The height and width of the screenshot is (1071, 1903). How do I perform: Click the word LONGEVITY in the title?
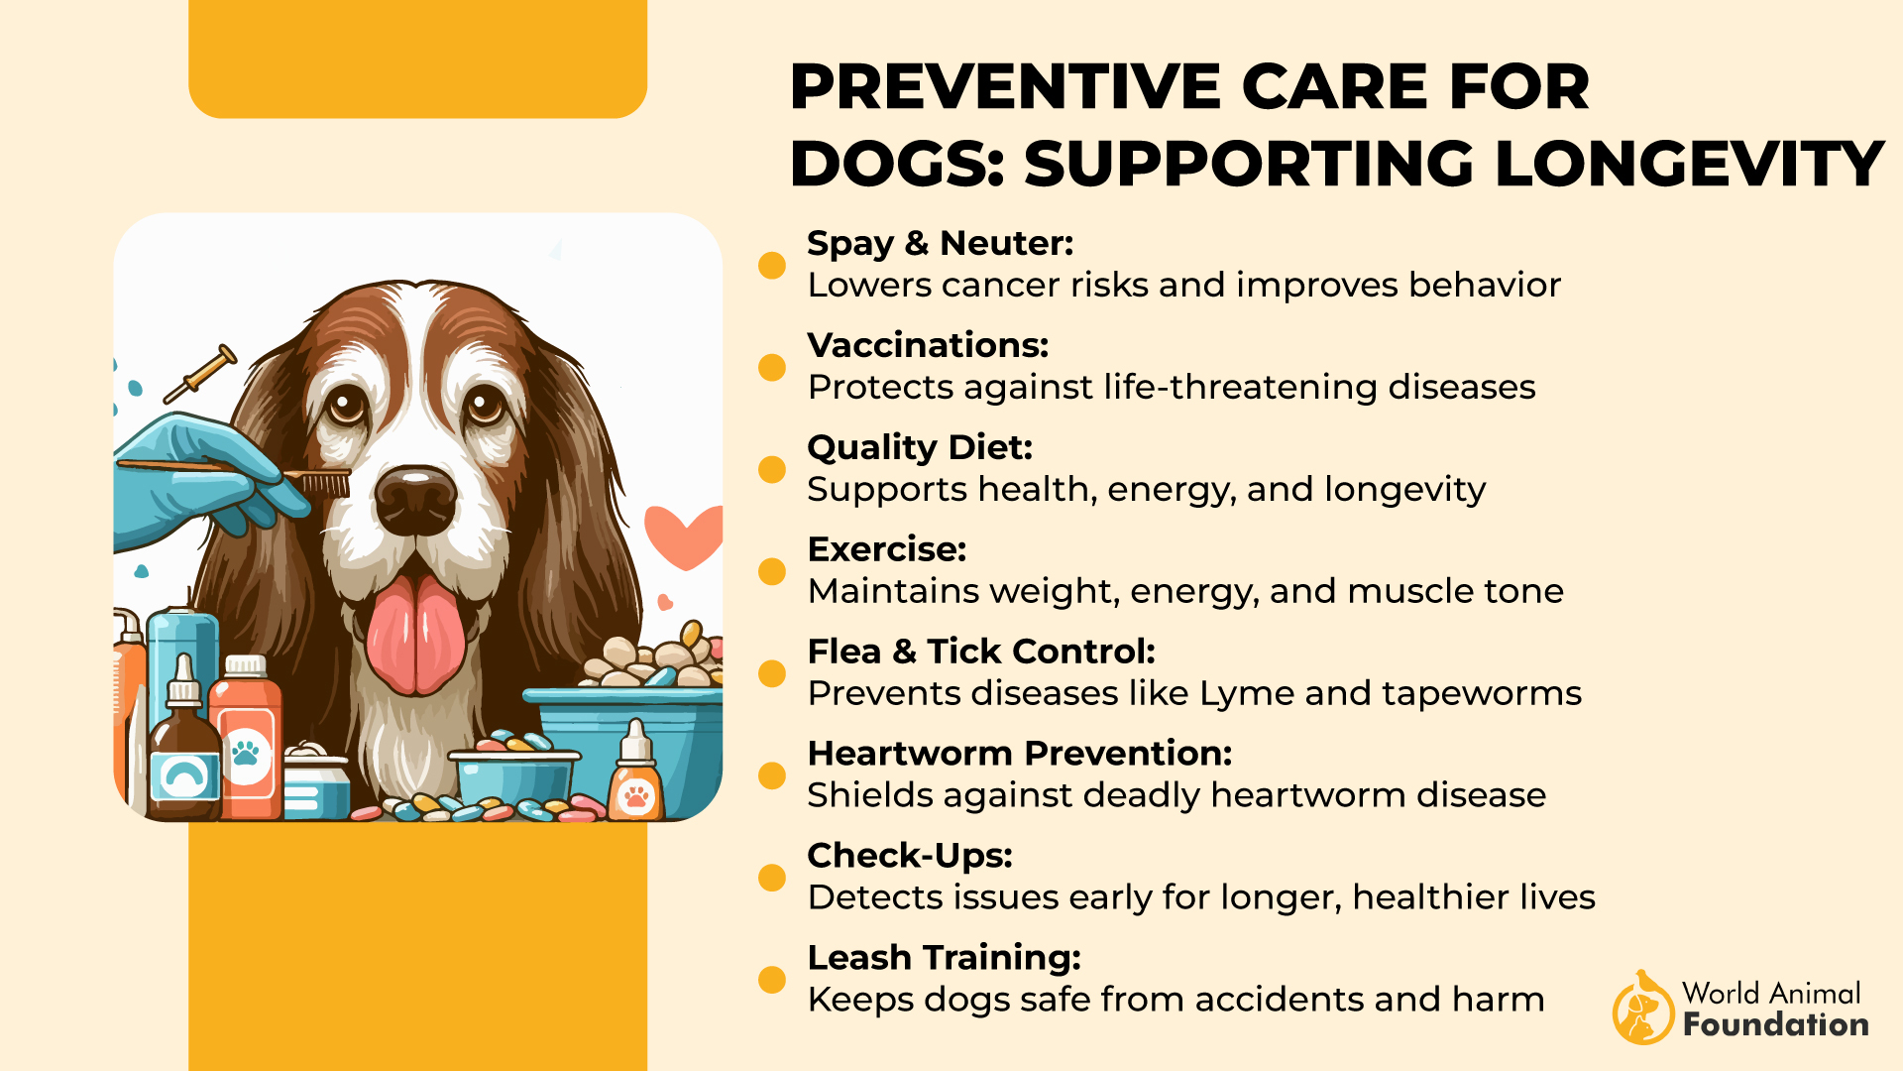[1689, 164]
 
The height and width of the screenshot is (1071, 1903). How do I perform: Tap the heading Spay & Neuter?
[941, 243]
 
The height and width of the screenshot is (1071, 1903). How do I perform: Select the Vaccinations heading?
[928, 345]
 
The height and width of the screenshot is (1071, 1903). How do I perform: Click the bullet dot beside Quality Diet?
[772, 469]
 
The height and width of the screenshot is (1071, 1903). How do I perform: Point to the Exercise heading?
[887, 549]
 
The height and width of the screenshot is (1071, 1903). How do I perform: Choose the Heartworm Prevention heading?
[1020, 754]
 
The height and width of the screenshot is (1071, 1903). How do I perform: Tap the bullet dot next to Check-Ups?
[772, 878]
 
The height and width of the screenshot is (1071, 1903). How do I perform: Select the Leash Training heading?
[945, 958]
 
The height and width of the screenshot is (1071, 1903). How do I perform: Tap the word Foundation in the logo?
[1776, 1024]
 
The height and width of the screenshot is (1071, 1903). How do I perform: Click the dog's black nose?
[415, 499]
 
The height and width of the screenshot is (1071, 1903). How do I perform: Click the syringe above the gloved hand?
[200, 373]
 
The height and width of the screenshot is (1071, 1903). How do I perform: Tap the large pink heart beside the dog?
[684, 535]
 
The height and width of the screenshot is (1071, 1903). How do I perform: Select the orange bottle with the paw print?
[246, 738]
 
